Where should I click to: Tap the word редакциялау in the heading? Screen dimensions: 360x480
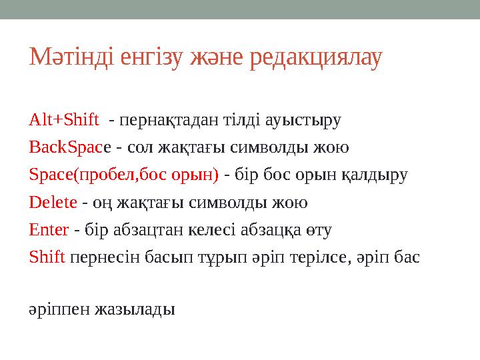[315, 58]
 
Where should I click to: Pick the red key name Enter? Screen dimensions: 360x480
[49, 231]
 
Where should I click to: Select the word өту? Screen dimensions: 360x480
[319, 231]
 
